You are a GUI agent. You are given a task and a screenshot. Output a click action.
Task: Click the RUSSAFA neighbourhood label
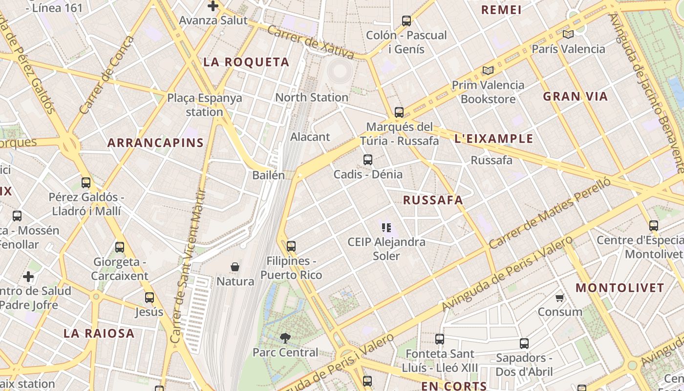[x=433, y=200]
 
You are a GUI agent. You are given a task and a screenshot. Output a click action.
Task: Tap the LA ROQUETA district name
[x=246, y=62]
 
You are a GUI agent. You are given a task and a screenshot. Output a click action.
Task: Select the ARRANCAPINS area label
[x=155, y=143]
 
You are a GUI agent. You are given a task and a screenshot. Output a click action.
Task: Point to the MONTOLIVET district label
[x=620, y=287]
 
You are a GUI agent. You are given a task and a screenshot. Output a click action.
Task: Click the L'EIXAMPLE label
[x=494, y=139]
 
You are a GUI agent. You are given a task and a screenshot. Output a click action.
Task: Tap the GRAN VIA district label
[x=576, y=96]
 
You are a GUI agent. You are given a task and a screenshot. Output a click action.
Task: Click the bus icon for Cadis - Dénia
[x=368, y=159]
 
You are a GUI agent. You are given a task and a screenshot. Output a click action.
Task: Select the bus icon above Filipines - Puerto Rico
[x=291, y=246]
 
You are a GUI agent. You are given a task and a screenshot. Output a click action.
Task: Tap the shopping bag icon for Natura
[x=235, y=267]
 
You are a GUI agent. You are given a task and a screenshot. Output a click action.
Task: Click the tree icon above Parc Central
[x=285, y=337]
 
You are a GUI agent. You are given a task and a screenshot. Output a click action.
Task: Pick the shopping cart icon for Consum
[x=560, y=297]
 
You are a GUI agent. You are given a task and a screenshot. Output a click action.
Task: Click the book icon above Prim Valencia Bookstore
[x=488, y=70]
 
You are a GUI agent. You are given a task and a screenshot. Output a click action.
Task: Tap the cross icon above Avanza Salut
[x=213, y=6]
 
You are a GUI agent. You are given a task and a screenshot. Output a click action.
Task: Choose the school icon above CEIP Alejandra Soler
[x=386, y=227]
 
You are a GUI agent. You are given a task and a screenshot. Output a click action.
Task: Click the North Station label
[x=312, y=97]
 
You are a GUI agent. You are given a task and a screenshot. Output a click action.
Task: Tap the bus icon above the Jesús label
[x=150, y=297]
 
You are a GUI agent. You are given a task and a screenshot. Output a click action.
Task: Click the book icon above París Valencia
[x=568, y=34]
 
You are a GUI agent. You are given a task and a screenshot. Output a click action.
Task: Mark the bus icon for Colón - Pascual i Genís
[x=406, y=21]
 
